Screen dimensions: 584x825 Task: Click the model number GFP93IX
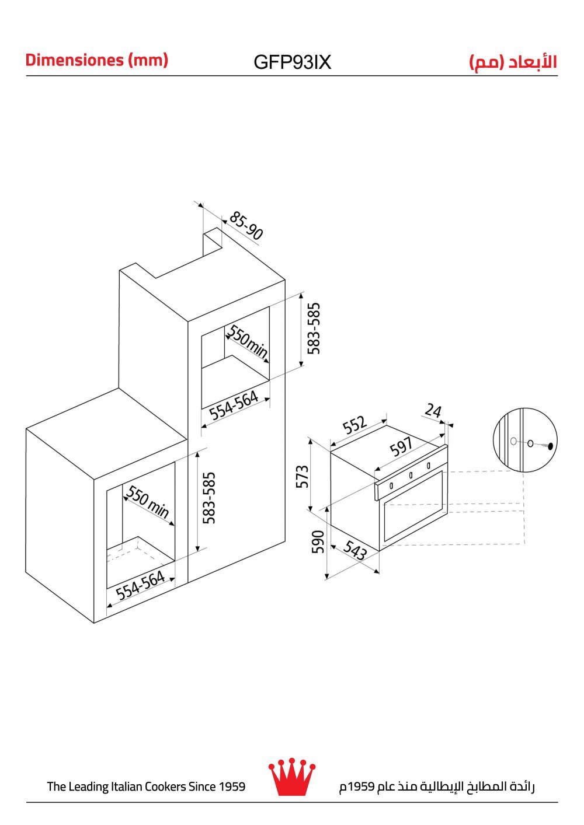[x=292, y=62]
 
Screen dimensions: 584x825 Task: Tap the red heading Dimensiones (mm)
[x=96, y=60]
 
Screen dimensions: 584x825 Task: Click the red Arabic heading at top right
[x=513, y=62]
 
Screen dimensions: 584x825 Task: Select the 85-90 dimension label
[x=246, y=225]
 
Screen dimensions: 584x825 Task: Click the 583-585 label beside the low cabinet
[x=209, y=498]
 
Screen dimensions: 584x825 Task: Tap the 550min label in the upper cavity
[x=247, y=341]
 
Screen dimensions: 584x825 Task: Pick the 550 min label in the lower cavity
[x=148, y=501]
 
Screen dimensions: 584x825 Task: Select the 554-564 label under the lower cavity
[x=141, y=585]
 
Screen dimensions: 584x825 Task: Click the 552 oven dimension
[x=354, y=425]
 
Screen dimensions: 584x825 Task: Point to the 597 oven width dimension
[x=402, y=446]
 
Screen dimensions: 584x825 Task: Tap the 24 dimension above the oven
[x=433, y=410]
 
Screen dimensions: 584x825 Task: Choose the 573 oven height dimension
[x=302, y=476]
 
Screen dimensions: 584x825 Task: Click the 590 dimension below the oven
[x=318, y=542]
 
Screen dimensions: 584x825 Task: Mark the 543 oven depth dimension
[x=356, y=550]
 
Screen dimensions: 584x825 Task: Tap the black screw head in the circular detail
[x=551, y=447]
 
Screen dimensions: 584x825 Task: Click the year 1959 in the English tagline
[x=232, y=786]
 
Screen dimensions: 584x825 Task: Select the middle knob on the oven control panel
[x=411, y=476]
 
